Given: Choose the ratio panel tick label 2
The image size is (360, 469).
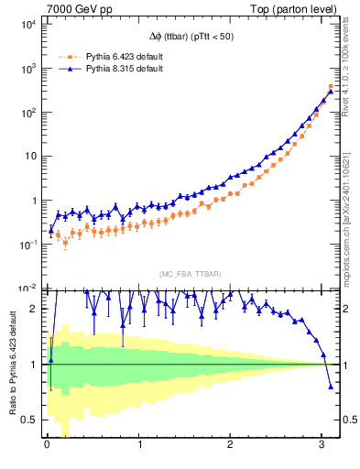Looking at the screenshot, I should click(x=34, y=309).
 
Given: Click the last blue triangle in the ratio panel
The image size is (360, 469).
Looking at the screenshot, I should click(x=331, y=387).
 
